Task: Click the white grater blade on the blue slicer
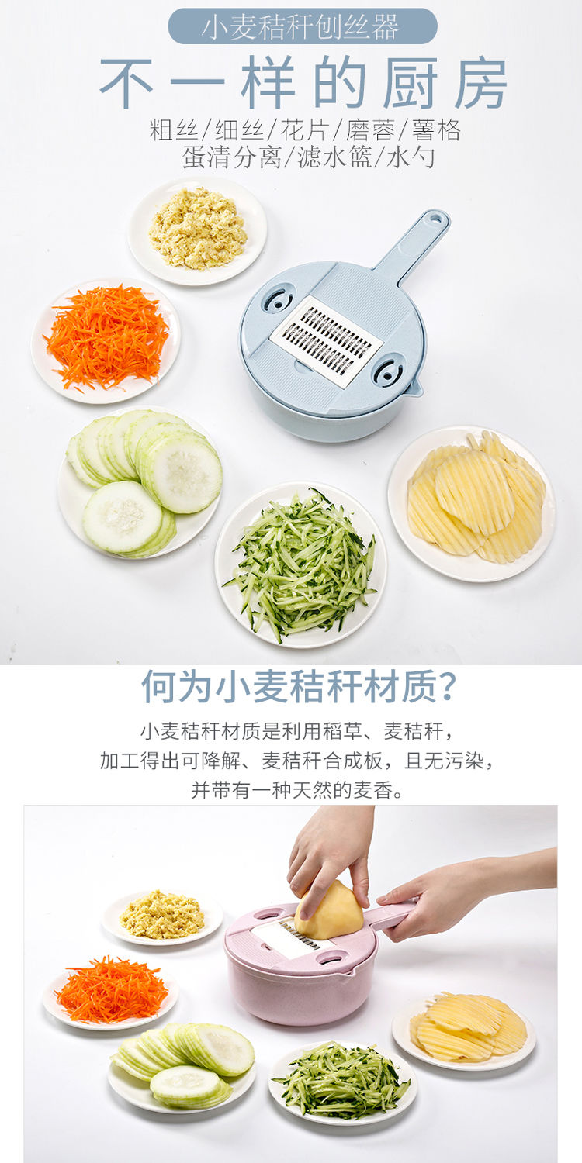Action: coord(327,342)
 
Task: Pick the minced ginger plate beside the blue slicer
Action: coord(197,231)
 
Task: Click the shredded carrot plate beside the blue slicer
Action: coord(106,340)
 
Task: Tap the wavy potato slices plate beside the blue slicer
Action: coord(472,503)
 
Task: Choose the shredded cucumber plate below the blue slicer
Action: coord(301,565)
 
